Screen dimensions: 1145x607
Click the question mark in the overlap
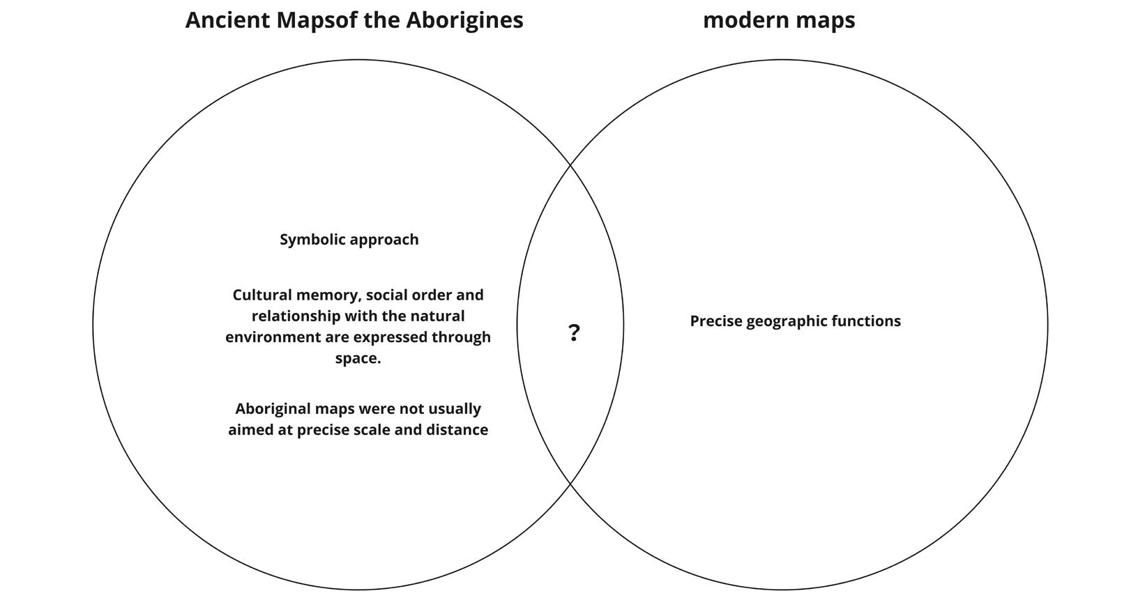(574, 333)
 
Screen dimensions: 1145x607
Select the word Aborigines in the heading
(464, 20)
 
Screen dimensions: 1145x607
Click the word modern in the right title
(743, 20)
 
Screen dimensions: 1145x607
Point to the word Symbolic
(312, 240)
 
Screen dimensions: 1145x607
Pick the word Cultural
(260, 295)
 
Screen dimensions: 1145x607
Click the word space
(357, 358)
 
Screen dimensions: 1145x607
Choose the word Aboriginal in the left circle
(272, 409)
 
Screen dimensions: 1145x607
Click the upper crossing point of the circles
(570, 164)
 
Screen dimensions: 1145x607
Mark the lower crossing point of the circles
(570, 483)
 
